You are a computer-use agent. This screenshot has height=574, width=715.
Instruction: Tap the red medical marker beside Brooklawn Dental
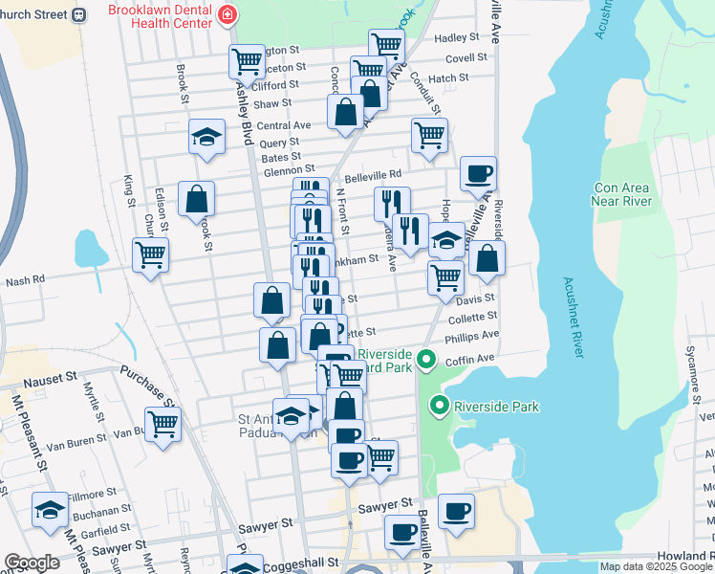click(x=227, y=14)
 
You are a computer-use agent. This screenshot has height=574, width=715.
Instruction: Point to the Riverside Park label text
click(x=497, y=407)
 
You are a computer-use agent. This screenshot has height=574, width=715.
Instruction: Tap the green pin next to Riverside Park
click(x=440, y=406)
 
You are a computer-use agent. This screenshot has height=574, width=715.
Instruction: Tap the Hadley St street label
click(x=456, y=37)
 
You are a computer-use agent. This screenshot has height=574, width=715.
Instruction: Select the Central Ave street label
click(x=284, y=125)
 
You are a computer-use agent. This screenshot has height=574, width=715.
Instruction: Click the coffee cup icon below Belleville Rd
click(x=478, y=173)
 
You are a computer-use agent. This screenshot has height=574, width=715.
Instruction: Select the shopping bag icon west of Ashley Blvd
click(x=196, y=199)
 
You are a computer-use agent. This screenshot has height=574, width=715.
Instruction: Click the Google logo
click(x=32, y=563)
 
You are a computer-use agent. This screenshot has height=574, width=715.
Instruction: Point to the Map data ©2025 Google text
click(x=656, y=566)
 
